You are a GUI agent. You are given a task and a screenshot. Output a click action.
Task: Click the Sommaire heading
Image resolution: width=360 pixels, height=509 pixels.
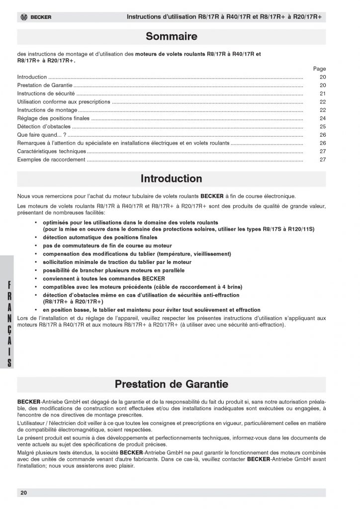[172, 36]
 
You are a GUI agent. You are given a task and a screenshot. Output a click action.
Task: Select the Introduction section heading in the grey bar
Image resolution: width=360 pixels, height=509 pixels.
[172, 178]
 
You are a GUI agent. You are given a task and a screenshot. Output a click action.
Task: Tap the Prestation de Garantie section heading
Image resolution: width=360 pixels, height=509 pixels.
[172, 384]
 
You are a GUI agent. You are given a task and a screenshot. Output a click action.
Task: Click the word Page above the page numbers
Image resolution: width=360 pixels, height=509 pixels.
[320, 69]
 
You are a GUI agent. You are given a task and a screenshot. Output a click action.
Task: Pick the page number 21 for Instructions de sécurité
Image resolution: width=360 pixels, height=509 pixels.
[323, 93]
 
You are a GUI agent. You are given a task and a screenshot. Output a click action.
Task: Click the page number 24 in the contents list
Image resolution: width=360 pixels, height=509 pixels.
[323, 118]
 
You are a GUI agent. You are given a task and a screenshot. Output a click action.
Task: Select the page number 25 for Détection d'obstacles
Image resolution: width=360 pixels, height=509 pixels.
[323, 127]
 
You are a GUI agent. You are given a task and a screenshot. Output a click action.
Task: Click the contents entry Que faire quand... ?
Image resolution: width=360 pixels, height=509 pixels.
[42, 135]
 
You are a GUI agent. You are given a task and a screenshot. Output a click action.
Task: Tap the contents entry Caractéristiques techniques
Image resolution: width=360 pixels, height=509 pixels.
[52, 151]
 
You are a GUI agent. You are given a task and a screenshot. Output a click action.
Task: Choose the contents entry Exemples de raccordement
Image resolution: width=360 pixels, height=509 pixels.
[51, 160]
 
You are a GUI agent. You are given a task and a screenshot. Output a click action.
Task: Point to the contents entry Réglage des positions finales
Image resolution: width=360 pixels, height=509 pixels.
[54, 118]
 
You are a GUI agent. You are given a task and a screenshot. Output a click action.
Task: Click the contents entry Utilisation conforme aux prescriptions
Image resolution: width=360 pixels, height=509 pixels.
[64, 102]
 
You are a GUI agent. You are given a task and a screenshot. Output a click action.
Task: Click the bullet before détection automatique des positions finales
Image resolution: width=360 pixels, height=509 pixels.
[36, 238]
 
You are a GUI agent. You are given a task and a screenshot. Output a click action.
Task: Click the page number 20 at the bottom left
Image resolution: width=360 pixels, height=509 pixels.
[24, 493]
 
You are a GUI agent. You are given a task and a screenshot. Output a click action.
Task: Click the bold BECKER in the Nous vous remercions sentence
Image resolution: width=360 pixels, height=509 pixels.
[212, 195]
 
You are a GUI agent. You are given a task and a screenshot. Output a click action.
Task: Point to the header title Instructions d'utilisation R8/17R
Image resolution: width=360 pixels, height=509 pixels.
[224, 17]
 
